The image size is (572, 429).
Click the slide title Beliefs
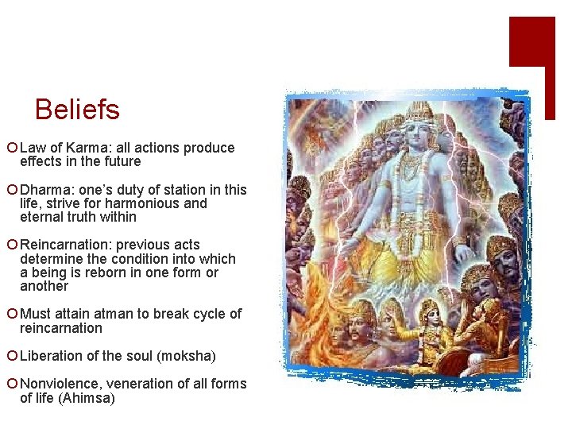77,109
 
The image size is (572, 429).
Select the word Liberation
52,355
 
